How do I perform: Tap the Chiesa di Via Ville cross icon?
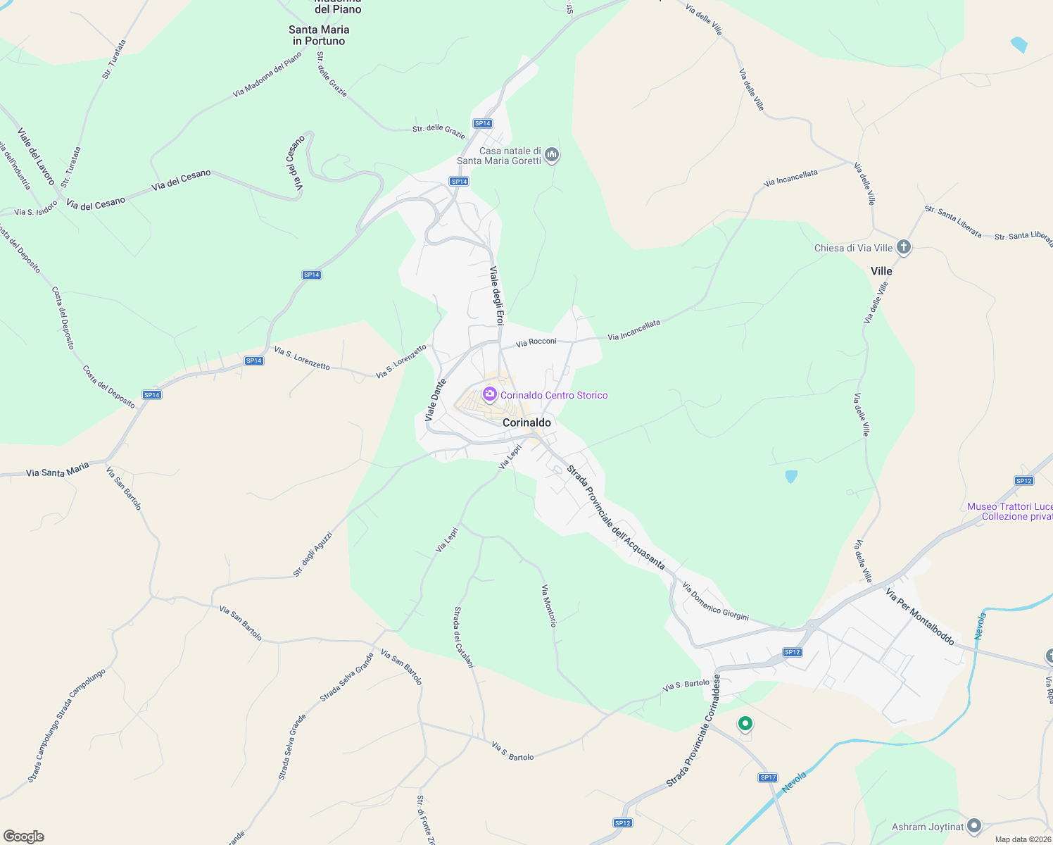tap(904, 247)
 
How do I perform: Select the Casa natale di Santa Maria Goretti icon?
tap(552, 155)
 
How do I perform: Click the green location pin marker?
tap(745, 723)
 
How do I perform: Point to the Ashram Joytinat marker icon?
tap(974, 826)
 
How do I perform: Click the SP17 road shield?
tap(768, 777)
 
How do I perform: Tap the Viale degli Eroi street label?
tap(497, 296)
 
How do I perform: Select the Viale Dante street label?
tap(436, 401)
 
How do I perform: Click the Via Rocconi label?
tap(536, 342)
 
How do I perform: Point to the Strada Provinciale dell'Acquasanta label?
tap(616, 518)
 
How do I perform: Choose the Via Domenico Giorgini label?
tap(715, 601)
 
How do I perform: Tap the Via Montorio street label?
tap(549, 606)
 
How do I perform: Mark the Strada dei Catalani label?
tap(464, 637)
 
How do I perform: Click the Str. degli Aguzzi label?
tap(313, 554)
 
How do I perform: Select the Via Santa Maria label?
tap(58, 470)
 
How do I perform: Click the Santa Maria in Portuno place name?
tap(319, 35)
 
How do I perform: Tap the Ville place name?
tap(881, 271)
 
